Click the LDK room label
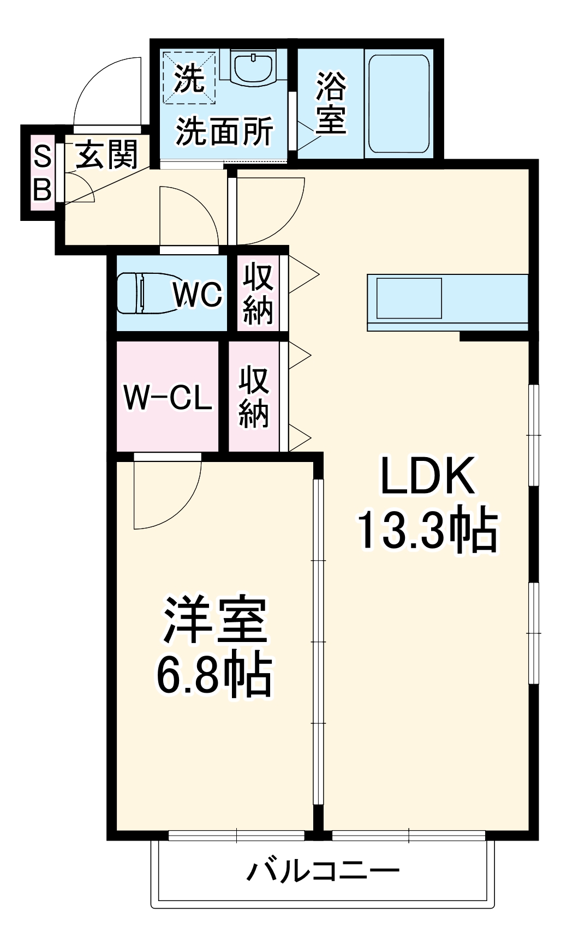pos(427,477)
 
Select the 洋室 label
pos(215,621)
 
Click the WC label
pos(198,295)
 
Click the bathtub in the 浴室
pos(398,104)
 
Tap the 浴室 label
pos(331,103)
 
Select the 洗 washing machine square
pos(189,77)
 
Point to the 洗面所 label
pos(224,131)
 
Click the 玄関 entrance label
pos(106,154)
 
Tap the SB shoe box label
pos(42,173)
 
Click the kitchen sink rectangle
pos(409,298)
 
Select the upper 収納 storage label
pos(258,294)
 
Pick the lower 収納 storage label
pos(254,397)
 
